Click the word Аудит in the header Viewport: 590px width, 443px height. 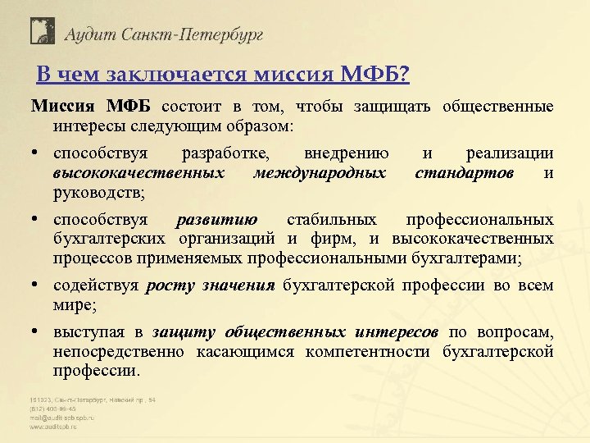pos(93,34)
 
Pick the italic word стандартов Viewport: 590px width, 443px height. pos(465,173)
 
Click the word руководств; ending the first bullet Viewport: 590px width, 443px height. pos(98,194)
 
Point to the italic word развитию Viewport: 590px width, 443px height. pos(217,220)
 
